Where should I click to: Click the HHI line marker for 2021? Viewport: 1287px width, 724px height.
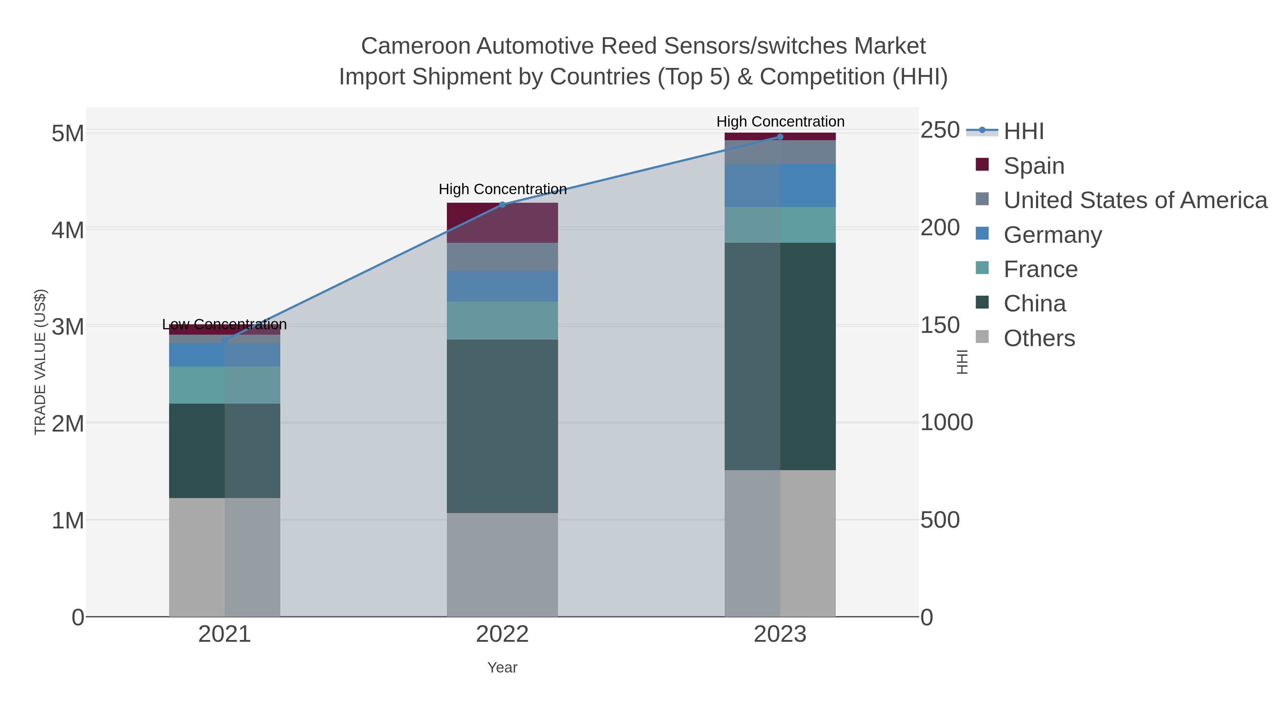coord(224,341)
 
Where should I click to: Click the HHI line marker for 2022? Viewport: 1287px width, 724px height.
coord(503,205)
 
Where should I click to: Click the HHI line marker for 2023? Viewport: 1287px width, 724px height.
coord(780,137)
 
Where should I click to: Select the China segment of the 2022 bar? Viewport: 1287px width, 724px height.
coord(502,426)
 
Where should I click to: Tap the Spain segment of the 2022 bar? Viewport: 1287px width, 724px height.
coord(502,223)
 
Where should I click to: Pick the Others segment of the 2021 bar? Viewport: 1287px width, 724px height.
coord(224,557)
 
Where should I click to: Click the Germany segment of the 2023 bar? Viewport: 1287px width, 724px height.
coord(780,185)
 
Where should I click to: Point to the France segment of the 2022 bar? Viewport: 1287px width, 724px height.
coord(502,321)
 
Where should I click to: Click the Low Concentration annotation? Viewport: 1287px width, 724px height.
coord(224,324)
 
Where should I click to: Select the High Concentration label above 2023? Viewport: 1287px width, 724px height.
coord(780,122)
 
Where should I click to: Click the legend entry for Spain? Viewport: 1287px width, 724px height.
coord(1034,166)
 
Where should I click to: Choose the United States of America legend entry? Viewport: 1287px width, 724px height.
coord(1135,200)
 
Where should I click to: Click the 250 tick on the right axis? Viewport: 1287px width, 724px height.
coord(940,130)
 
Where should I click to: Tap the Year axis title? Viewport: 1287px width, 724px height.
coord(502,668)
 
